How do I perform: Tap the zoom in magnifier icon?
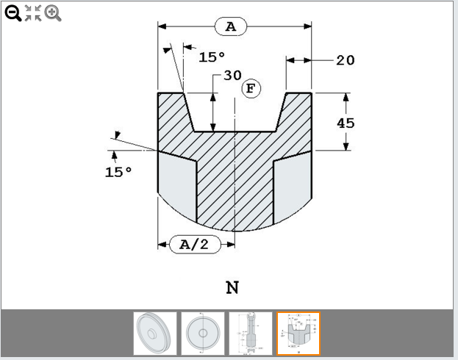[52, 12]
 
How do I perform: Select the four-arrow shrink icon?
[33, 12]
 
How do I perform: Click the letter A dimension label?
[231, 27]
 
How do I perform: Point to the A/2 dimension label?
[195, 245]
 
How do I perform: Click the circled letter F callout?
[251, 89]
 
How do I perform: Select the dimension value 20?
[345, 60]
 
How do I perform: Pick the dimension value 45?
[346, 123]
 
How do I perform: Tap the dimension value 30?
[232, 76]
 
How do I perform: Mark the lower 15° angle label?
[118, 171]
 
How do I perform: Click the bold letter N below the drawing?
[232, 287]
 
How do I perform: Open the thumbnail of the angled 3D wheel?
[155, 334]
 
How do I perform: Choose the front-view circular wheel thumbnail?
[202, 334]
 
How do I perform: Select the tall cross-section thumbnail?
[250, 334]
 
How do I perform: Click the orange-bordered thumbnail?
[298, 334]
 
